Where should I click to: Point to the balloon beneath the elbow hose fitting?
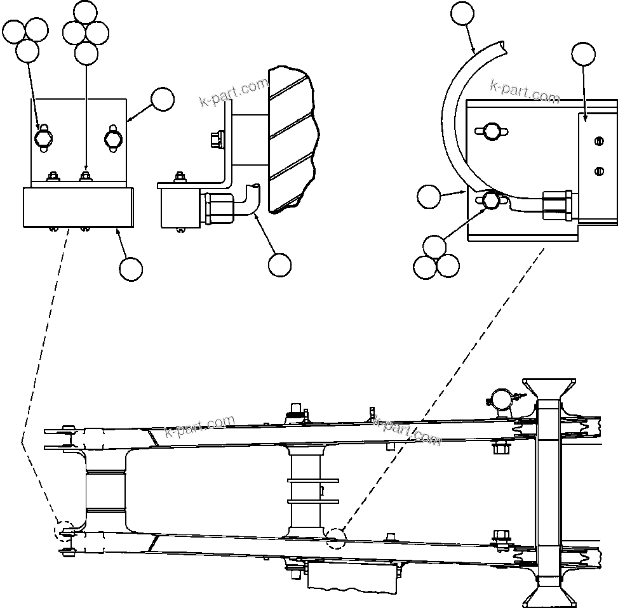pos(279,265)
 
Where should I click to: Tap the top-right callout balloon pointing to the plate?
pos(583,55)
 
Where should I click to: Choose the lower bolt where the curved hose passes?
pos(490,201)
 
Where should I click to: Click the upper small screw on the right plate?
pos(598,142)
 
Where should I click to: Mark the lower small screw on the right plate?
pos(598,169)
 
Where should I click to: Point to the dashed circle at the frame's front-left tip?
pos(65,531)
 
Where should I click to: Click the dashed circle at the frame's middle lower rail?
pos(336,539)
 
